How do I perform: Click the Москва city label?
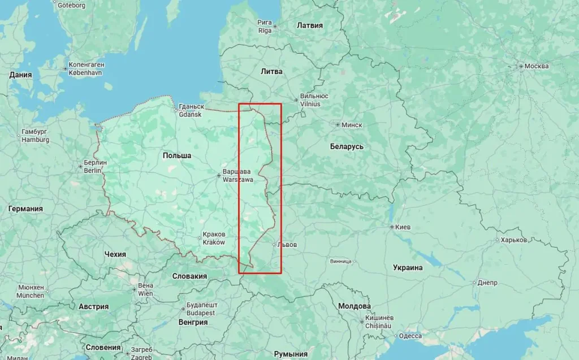point(536,66)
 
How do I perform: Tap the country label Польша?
point(177,155)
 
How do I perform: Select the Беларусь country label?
point(347,146)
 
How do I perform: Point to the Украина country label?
point(408,267)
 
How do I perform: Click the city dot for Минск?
point(338,125)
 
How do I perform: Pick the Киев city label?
point(403,227)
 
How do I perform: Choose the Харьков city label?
point(513,240)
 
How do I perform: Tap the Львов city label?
point(287,245)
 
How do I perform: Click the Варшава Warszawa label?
point(238,175)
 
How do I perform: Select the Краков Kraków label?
point(214,238)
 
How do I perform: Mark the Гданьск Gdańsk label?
point(191,110)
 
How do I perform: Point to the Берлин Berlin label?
point(95,166)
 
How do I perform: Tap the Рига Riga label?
point(265,26)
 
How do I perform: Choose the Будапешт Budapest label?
point(201,309)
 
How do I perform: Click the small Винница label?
point(341,262)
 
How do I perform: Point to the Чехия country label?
point(115,254)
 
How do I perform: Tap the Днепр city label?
point(487,282)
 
